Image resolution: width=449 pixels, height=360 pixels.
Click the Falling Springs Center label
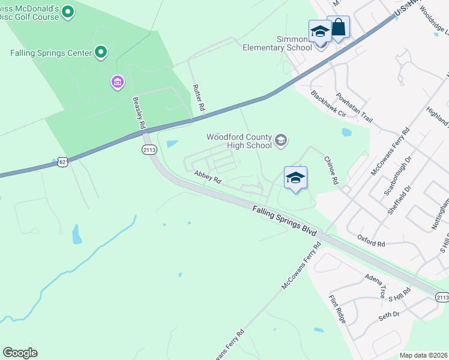51,53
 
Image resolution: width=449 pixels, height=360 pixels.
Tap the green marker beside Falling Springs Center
101,53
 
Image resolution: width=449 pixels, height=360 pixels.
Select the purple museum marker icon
118,81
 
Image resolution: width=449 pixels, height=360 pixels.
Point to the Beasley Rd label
138,112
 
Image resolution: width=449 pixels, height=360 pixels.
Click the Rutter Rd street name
199,98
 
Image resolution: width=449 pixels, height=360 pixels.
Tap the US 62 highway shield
62,162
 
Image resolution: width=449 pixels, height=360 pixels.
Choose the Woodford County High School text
239,141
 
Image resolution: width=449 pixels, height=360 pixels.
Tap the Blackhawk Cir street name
329,104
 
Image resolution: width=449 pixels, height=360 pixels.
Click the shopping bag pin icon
339,28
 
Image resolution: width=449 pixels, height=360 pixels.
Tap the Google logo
20,353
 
